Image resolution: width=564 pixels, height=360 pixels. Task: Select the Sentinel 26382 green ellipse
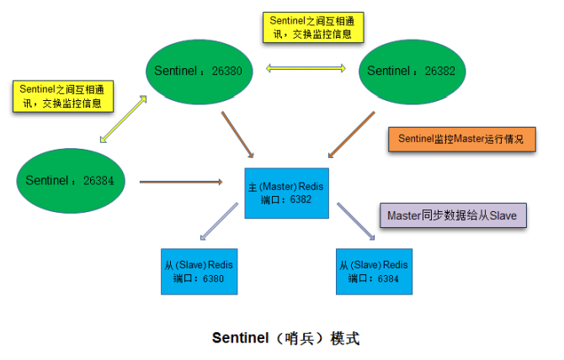[412, 70]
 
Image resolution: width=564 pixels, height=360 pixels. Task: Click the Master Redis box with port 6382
[285, 192]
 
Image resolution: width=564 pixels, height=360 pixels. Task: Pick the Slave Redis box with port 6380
[198, 270]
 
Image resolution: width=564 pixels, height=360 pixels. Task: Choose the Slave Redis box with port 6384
[375, 270]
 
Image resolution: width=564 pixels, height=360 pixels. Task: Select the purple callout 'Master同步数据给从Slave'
[453, 215]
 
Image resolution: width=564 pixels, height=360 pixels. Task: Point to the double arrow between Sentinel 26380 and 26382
[306, 68]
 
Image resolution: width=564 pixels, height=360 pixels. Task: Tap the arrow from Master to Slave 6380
[221, 223]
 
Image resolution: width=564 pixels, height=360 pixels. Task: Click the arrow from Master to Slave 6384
[355, 223]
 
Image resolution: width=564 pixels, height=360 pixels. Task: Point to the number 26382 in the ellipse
[438, 70]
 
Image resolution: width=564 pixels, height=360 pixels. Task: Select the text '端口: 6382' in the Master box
[285, 200]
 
